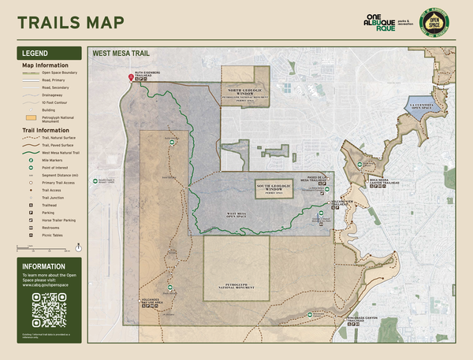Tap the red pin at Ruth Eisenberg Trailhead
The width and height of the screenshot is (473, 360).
(131, 77)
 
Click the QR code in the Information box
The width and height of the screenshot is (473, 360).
(48, 309)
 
